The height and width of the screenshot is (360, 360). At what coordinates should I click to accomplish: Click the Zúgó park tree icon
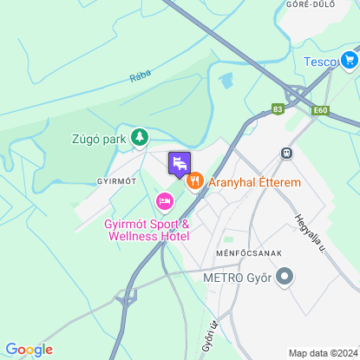139,137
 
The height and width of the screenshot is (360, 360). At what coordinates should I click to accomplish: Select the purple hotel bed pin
179,163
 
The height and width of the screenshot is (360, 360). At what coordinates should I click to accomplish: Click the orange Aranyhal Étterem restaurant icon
194,182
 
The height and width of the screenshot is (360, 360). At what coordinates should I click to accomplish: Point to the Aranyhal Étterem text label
254,183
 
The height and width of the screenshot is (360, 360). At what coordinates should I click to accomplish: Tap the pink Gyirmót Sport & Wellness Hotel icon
163,202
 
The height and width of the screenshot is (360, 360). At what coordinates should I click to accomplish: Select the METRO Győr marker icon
285,278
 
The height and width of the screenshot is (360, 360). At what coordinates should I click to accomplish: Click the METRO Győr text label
238,279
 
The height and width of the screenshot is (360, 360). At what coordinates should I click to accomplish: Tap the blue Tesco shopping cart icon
350,60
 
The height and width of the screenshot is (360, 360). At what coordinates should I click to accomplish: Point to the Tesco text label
320,61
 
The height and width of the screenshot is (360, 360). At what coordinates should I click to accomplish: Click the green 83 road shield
278,108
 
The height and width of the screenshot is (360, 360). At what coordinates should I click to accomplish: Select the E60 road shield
320,110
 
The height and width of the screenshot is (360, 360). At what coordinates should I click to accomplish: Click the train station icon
285,152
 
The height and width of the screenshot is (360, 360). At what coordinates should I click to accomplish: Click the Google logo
29,349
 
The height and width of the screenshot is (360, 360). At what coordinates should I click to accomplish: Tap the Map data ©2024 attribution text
323,353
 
